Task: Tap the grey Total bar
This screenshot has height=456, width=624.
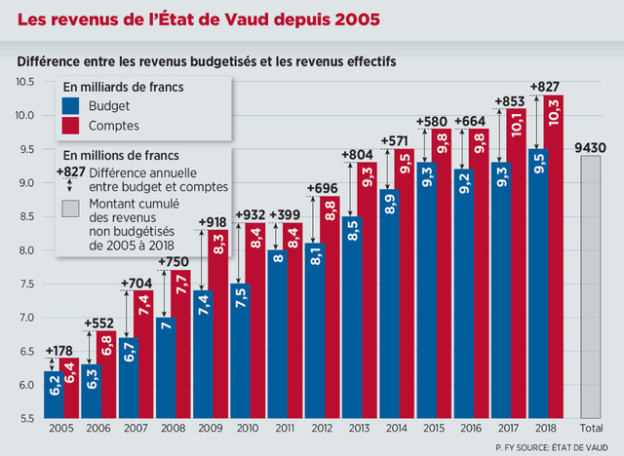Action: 591,287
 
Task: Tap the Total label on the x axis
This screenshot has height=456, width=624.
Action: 591,428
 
